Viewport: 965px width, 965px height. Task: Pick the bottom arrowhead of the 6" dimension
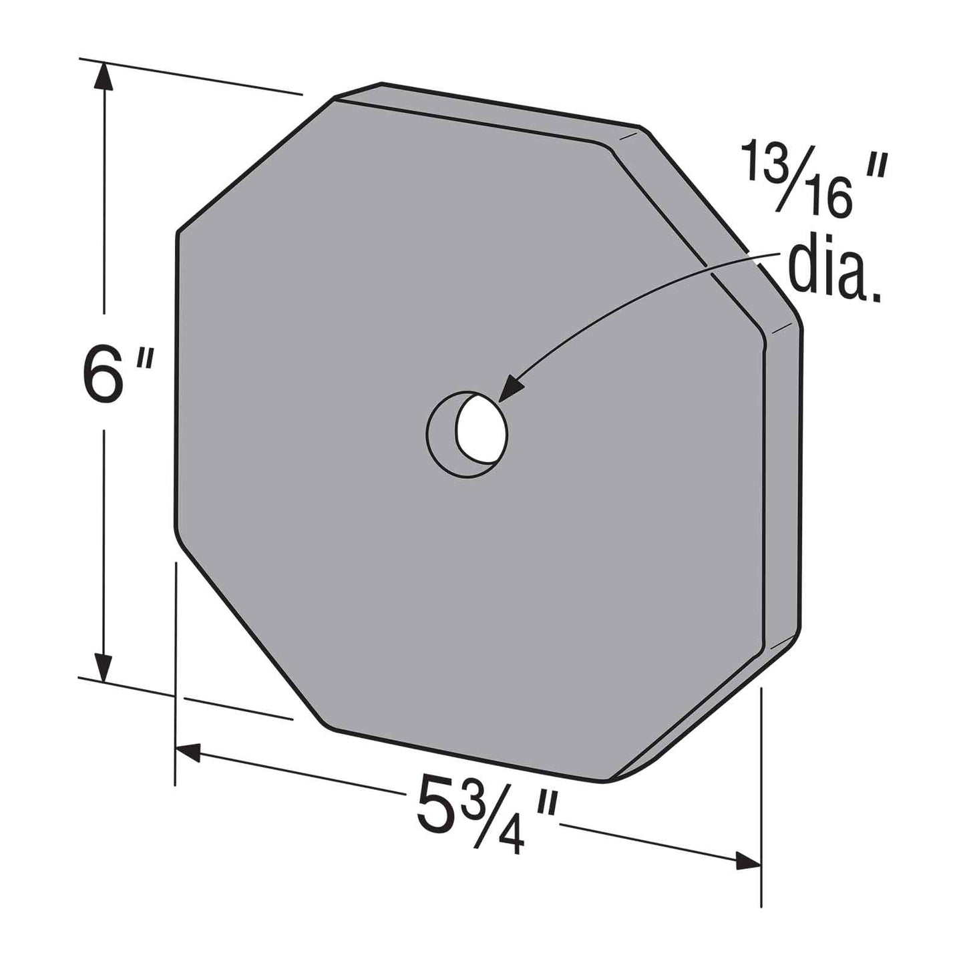(x=102, y=665)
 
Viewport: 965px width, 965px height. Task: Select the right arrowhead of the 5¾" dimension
(x=748, y=861)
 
